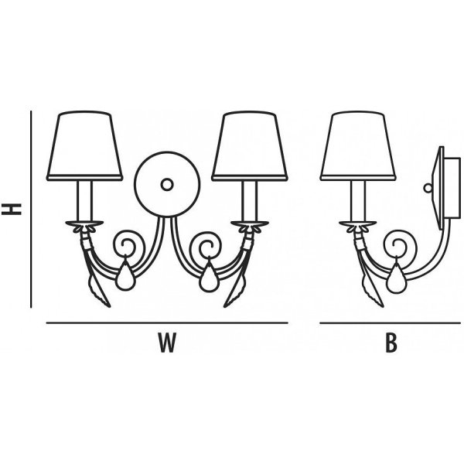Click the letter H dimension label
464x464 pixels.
point(12,209)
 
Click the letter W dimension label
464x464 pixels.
point(167,343)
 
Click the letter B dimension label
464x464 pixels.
point(391,343)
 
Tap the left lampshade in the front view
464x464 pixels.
point(84,145)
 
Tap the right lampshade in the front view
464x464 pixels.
point(250,145)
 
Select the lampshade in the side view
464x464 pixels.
point(358,145)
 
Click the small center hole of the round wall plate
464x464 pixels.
point(167,185)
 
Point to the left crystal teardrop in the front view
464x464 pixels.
point(125,275)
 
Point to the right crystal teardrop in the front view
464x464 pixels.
point(210,275)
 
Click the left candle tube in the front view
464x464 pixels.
point(84,201)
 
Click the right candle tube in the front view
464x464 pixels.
point(250,201)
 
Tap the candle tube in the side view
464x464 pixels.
point(358,201)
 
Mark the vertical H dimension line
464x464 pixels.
point(31,210)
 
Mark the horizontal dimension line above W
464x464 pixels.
point(167,322)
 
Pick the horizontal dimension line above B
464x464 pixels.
point(391,322)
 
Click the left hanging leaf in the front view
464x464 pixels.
point(99,292)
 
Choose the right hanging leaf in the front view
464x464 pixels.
point(235,292)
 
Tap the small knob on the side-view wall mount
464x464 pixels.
point(428,188)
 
